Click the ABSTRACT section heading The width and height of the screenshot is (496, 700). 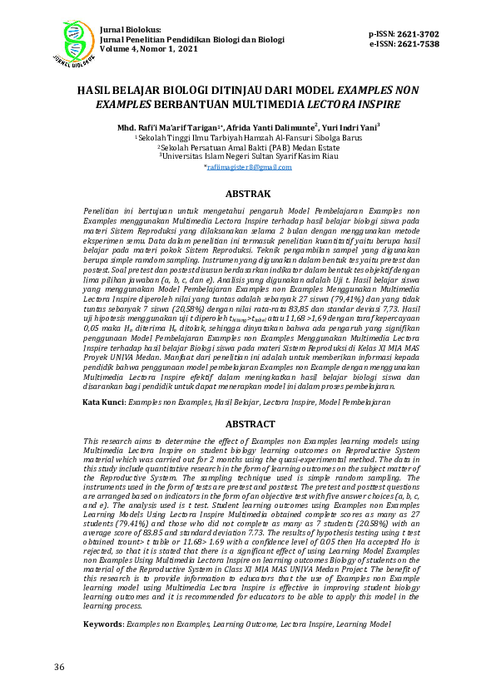(248, 424)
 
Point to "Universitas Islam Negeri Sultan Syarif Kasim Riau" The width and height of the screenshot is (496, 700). (248, 155)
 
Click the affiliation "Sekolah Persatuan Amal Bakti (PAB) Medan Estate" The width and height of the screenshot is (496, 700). (247, 145)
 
